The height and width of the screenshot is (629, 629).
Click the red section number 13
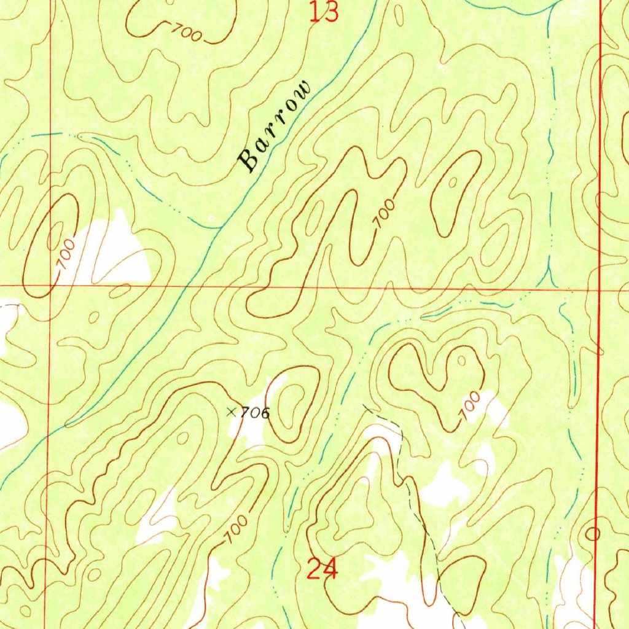pyautogui.click(x=324, y=12)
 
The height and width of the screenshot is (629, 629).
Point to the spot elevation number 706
pyautogui.click(x=254, y=413)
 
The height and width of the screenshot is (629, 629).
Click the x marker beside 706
pyautogui.click(x=232, y=412)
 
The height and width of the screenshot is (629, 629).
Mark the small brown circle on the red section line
pyautogui.click(x=593, y=534)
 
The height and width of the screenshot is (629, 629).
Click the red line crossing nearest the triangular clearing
pyautogui.click(x=50, y=286)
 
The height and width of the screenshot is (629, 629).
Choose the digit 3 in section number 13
pyautogui.click(x=332, y=12)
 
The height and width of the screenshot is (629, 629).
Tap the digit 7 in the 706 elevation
pyautogui.click(x=244, y=413)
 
